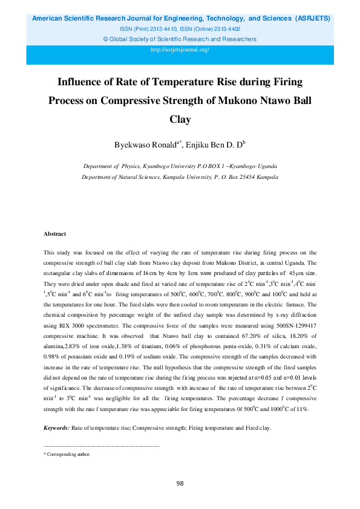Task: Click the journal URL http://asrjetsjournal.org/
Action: point(180,49)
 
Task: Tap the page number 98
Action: point(180,483)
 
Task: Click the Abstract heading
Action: point(54,234)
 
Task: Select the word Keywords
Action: point(57,428)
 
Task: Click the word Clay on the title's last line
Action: point(180,119)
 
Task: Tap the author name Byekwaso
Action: point(135,144)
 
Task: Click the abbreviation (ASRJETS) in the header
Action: point(313,19)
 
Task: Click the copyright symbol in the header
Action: point(106,39)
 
